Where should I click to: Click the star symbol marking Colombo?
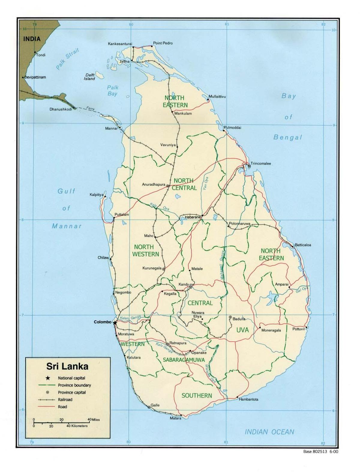pos(115,322)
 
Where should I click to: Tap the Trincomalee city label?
pos(261,163)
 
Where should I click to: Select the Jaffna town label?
pos(124,61)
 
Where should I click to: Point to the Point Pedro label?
pos(163,43)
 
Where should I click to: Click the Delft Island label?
pos(90,77)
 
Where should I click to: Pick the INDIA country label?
pos(32,39)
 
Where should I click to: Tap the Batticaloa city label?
pos(303,245)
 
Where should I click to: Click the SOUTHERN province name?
pos(197,396)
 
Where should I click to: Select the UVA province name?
pos(242,330)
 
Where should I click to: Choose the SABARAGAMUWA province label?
pos(184,360)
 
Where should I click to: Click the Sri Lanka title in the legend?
pos(67,366)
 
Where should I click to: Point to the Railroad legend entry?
pos(65,399)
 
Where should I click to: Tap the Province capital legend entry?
pos(72,392)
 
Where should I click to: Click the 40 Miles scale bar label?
pos(94,420)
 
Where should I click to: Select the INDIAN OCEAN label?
pos(269,432)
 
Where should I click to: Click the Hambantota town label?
pos(248,399)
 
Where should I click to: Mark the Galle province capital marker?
pos(149,407)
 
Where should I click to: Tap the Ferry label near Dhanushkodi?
pos(90,108)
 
